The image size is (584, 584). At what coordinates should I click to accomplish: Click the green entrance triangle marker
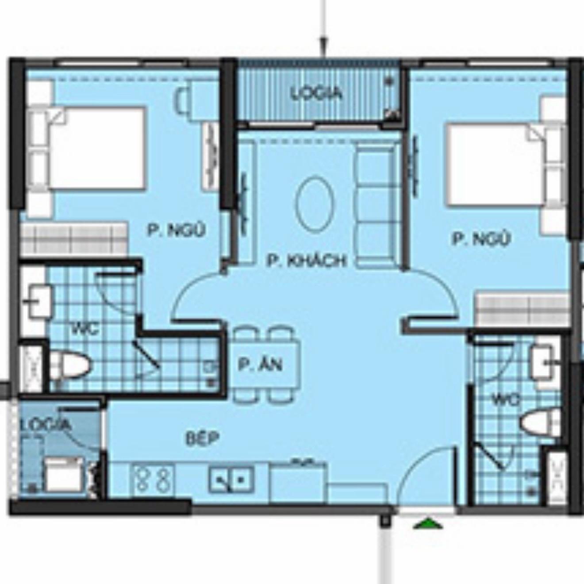tap(428, 524)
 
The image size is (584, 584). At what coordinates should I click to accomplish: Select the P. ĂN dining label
tap(260, 365)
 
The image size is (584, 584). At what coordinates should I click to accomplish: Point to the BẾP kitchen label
tap(203, 438)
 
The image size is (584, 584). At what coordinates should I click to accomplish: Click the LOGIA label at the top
tap(316, 94)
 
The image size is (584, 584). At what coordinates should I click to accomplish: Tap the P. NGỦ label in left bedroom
tap(177, 230)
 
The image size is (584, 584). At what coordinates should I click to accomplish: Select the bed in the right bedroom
tap(506, 166)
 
